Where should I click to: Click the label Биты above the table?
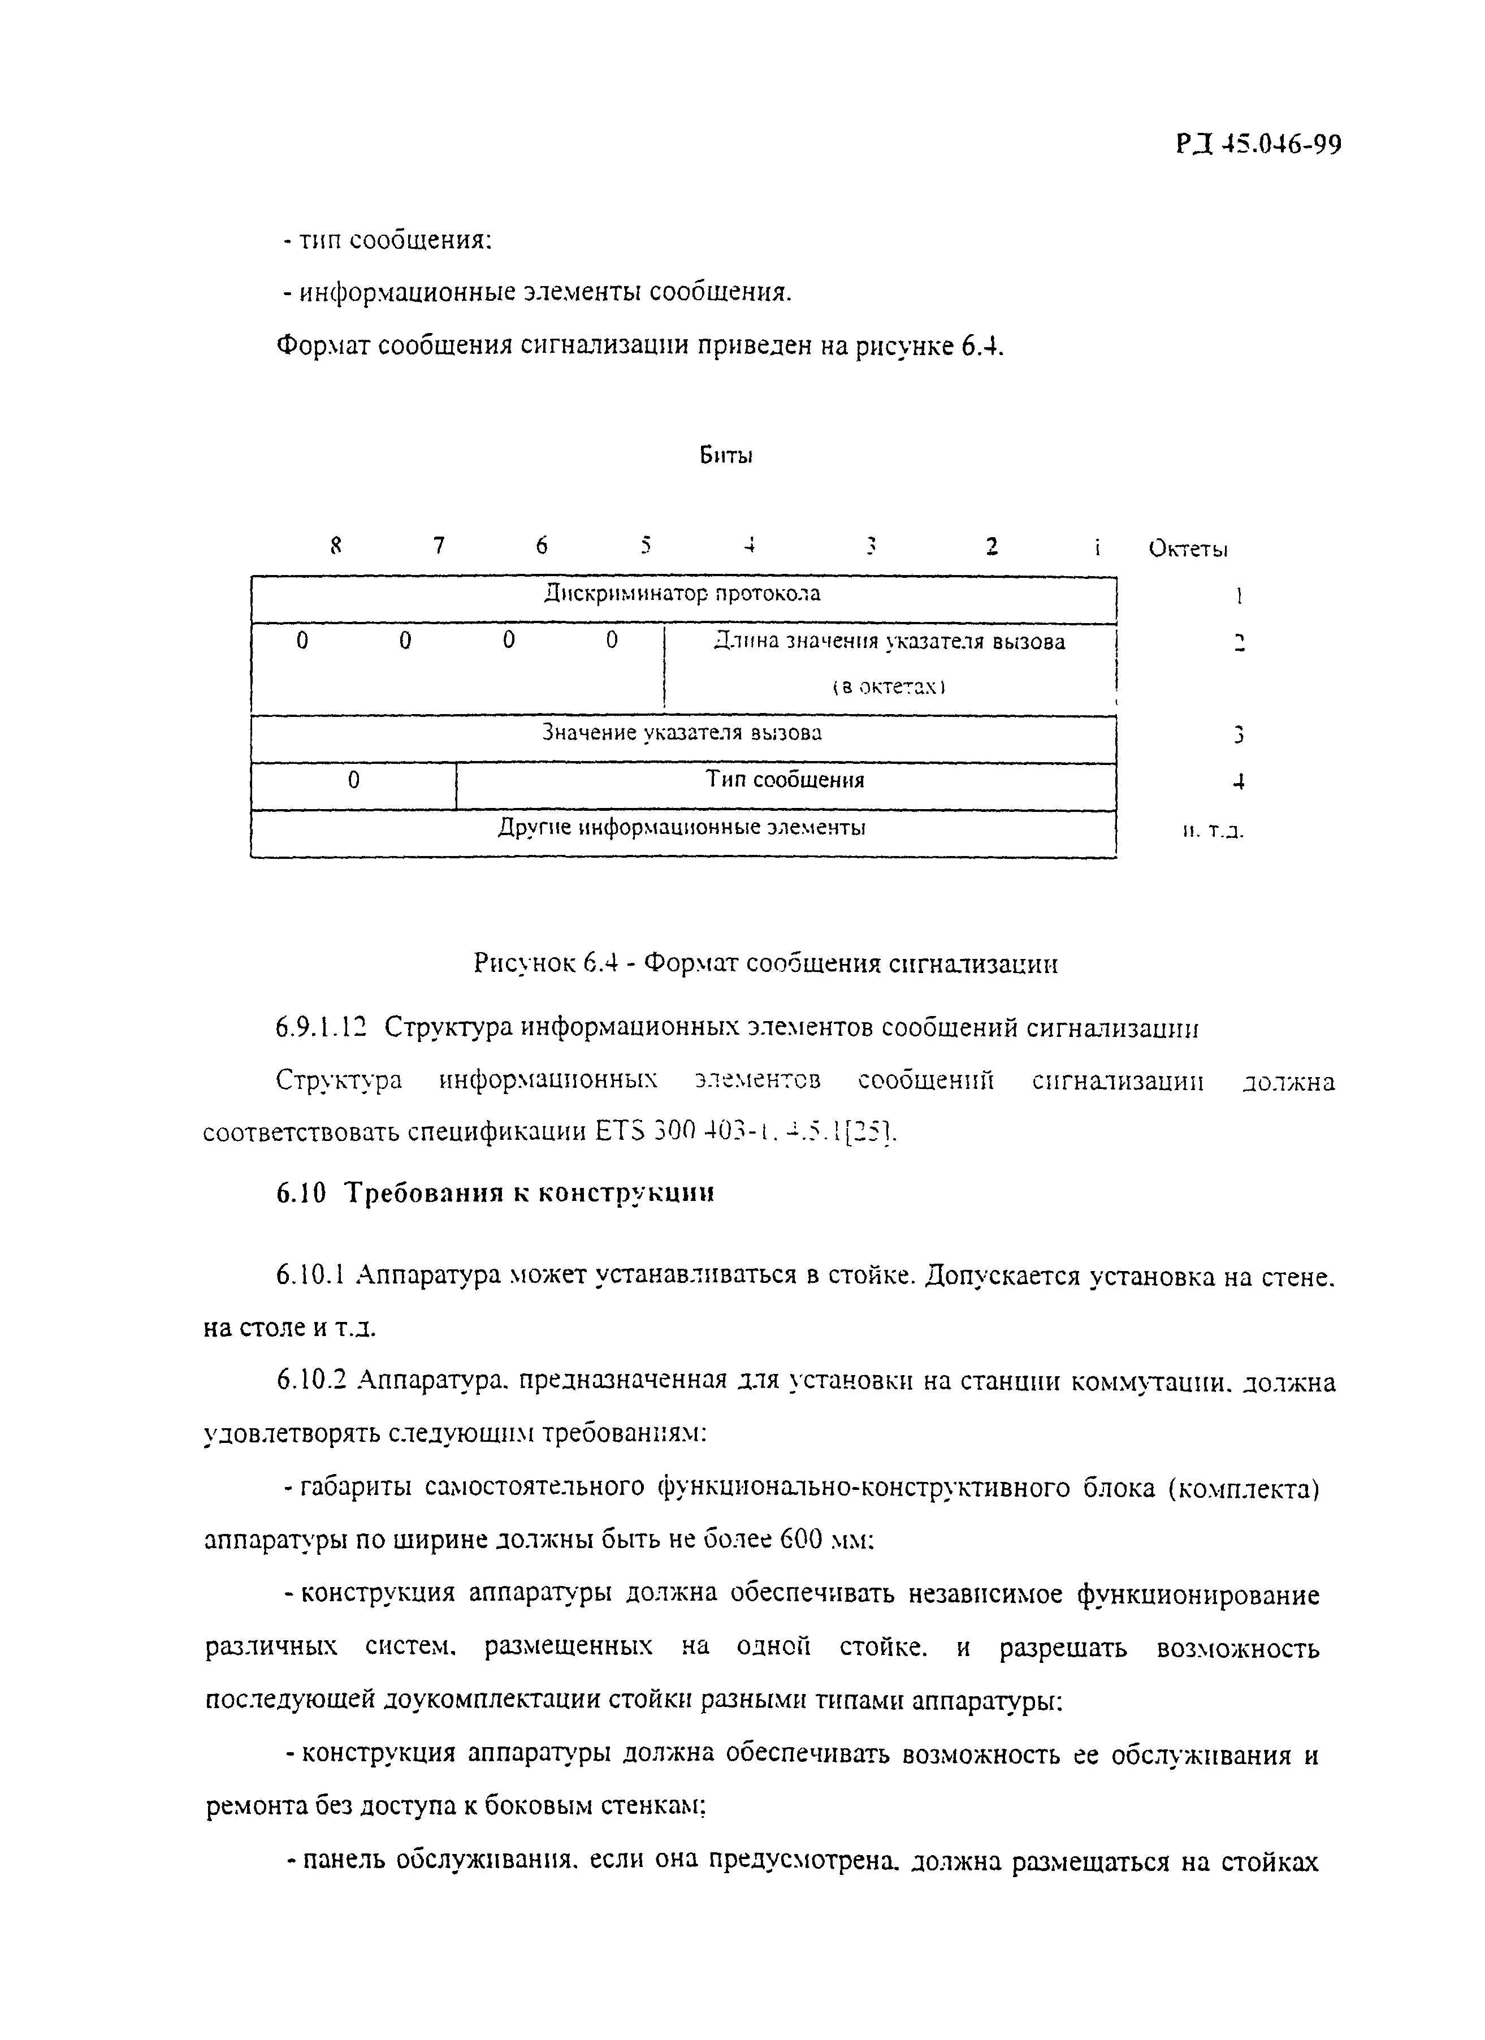(x=726, y=456)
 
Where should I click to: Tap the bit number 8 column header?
(x=336, y=545)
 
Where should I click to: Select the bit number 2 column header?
(x=991, y=546)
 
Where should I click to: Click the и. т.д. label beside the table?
(x=1213, y=832)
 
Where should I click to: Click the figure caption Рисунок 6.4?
(x=764, y=964)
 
